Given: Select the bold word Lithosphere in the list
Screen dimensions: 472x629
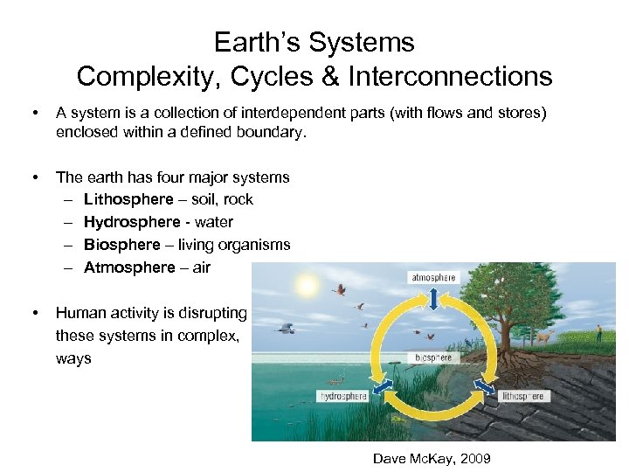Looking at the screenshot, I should tap(128, 199).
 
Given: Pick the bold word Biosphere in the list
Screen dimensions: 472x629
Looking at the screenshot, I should tap(122, 245).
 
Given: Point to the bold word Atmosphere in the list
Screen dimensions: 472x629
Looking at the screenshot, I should tap(129, 267).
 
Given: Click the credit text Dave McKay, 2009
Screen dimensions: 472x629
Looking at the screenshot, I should tap(432, 458).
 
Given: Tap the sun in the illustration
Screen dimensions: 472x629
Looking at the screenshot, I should tap(306, 286).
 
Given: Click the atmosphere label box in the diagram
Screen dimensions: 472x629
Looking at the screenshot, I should tap(433, 277).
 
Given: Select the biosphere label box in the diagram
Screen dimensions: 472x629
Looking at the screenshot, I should tap(433, 358).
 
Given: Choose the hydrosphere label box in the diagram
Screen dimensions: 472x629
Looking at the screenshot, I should tap(342, 396).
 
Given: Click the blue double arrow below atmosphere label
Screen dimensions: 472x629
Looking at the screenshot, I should tap(433, 299).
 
